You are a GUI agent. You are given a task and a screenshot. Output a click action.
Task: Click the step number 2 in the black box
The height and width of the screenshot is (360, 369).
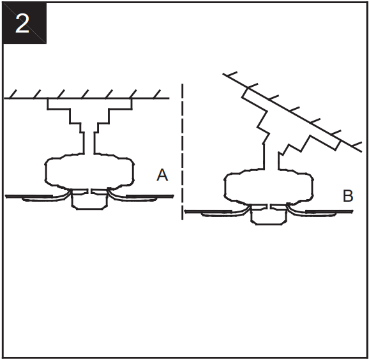coord(22,24)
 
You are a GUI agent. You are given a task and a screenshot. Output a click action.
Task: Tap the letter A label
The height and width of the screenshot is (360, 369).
coord(162,174)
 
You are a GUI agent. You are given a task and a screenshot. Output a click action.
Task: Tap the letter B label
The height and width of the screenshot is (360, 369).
coord(347,196)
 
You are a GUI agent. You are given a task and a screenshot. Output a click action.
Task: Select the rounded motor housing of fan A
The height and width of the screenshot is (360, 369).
coord(89,171)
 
